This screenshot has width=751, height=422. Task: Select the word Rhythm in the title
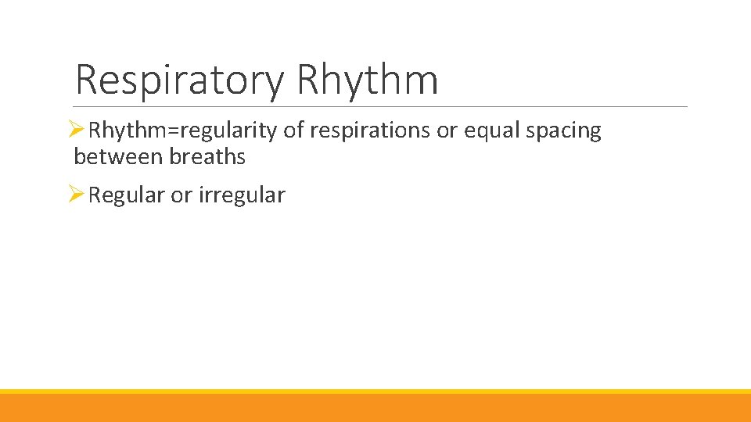click(x=368, y=80)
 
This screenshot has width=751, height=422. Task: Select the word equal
click(x=492, y=131)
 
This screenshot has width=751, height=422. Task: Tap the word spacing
click(x=563, y=131)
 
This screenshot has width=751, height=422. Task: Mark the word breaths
click(x=207, y=157)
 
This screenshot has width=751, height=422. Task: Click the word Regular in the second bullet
click(x=127, y=195)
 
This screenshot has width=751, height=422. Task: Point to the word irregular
click(x=242, y=195)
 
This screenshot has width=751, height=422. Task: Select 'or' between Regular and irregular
click(x=181, y=195)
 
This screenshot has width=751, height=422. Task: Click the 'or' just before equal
click(x=447, y=131)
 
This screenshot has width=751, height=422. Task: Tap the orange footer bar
click(x=375, y=408)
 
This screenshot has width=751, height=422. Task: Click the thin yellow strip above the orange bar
click(x=375, y=392)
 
